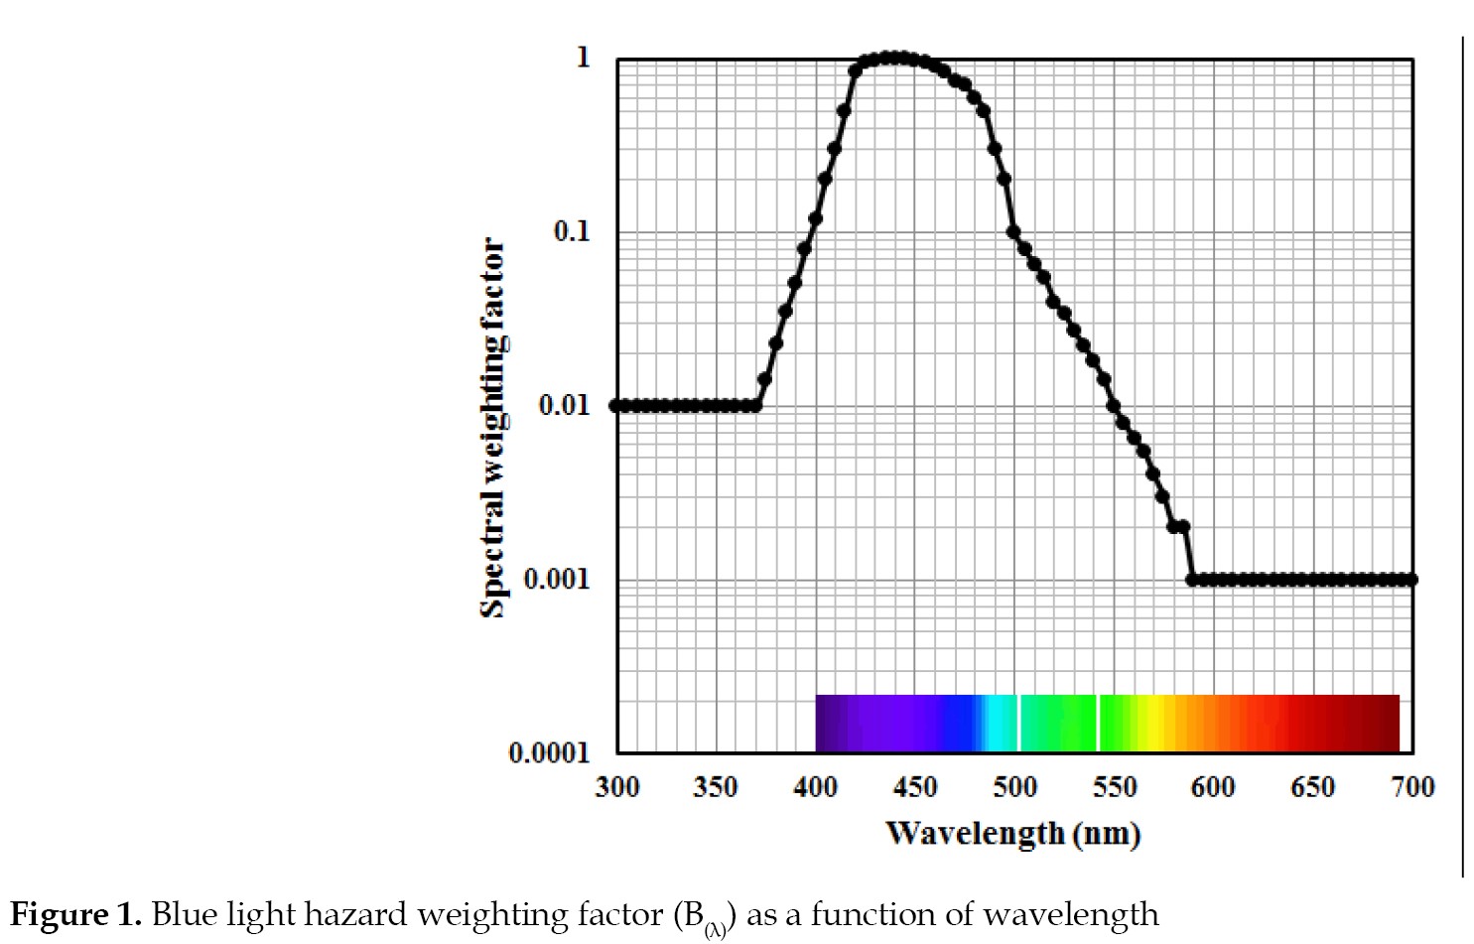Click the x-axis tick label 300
click(616, 787)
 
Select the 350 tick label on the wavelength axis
click(716, 787)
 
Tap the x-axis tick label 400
click(815, 787)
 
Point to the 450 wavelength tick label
click(915, 787)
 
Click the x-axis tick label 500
click(1014, 787)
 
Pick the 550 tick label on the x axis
click(1115, 787)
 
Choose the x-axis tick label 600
click(1213, 787)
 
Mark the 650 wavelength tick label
click(1312, 787)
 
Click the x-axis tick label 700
click(1412, 787)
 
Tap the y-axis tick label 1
click(583, 58)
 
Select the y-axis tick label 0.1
click(571, 231)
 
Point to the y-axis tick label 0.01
click(564, 405)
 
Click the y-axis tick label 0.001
click(556, 579)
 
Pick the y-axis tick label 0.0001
click(549, 752)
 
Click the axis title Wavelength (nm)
click(1013, 833)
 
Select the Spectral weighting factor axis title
click(493, 427)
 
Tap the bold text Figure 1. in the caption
click(75, 913)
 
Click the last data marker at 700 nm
click(1412, 579)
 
